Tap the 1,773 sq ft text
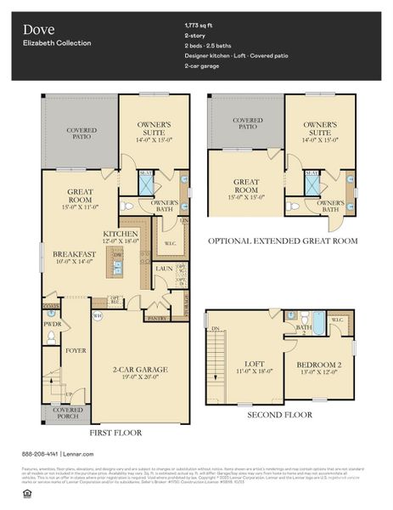point(223,25)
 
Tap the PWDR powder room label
point(52,324)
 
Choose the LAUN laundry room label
point(164,268)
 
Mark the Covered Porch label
point(57,414)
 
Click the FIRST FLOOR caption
point(116,433)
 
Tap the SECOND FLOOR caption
point(279,415)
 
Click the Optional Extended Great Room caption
point(282,241)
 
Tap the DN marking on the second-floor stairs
point(216,327)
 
